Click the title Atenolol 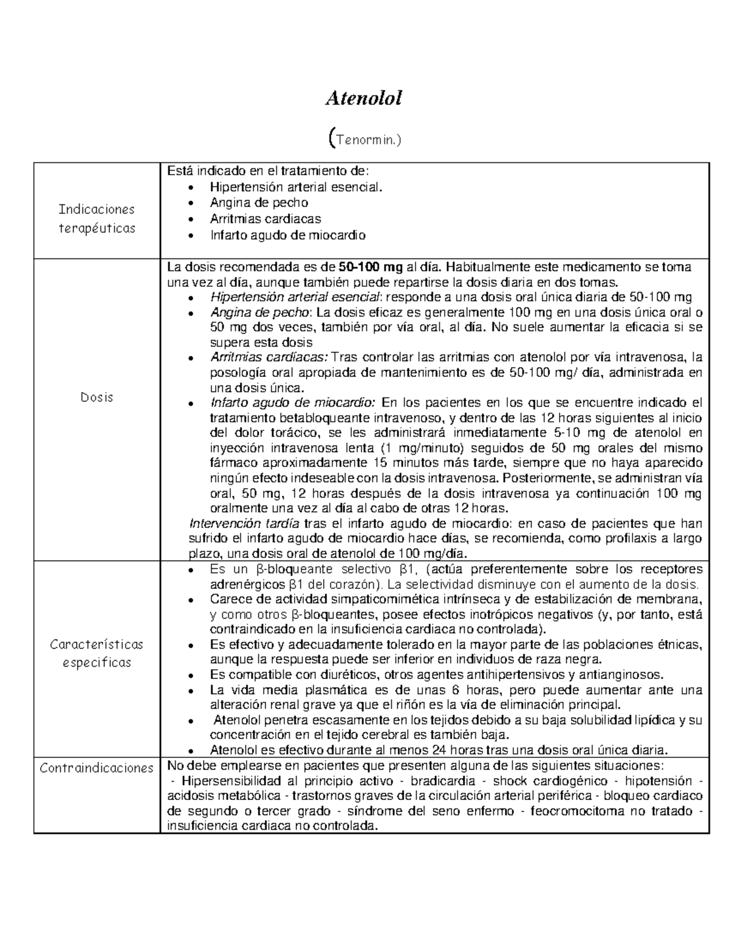click(x=364, y=98)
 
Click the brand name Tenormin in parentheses click(x=364, y=140)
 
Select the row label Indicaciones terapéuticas click(x=96, y=219)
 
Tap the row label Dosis click(x=97, y=398)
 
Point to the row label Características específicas click(x=97, y=653)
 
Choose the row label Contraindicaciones click(x=97, y=768)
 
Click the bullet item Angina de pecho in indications click(x=259, y=202)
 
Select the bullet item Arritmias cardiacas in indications click(x=265, y=218)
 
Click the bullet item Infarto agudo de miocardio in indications click(x=288, y=235)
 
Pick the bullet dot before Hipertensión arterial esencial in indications click(x=193, y=187)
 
